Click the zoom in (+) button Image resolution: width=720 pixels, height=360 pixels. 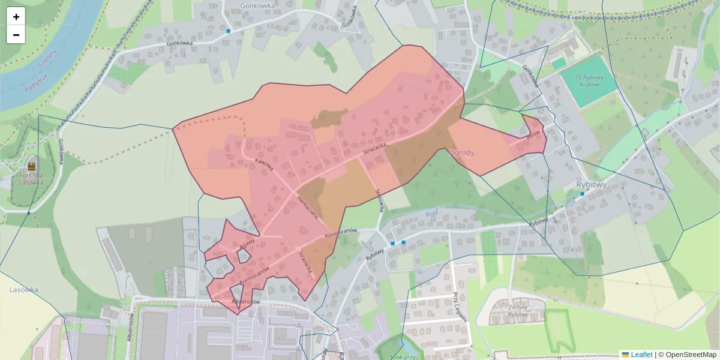tap(16, 17)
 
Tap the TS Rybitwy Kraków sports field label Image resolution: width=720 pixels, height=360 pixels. tap(587, 80)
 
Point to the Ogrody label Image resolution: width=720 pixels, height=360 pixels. tap(461, 152)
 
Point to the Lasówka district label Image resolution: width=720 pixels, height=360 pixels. tap(24, 290)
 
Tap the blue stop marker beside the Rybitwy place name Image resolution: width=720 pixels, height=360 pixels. tap(582, 194)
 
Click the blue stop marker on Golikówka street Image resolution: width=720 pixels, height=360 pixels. tap(228, 31)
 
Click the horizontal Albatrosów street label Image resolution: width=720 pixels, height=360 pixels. tap(245, 302)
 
